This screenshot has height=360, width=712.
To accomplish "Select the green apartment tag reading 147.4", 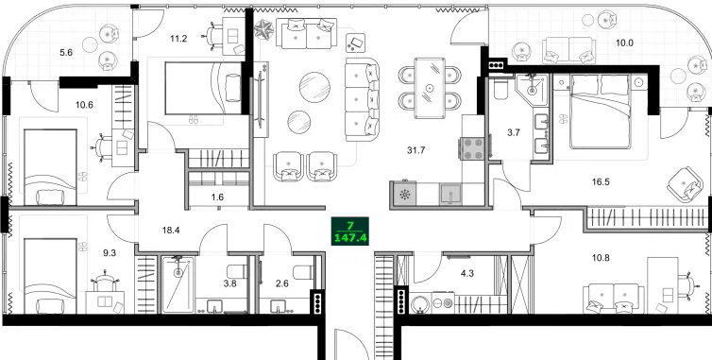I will pos(351,256).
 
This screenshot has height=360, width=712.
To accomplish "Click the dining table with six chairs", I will pos(431,87).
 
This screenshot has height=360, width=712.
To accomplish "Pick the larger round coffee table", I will pos(316,88).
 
